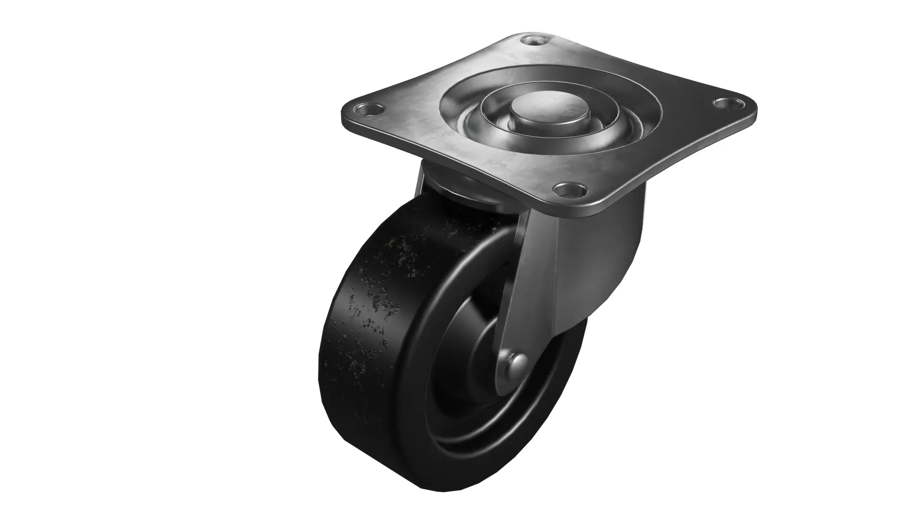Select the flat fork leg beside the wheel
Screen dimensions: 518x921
[528, 288]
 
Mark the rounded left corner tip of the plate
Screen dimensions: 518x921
[343, 115]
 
